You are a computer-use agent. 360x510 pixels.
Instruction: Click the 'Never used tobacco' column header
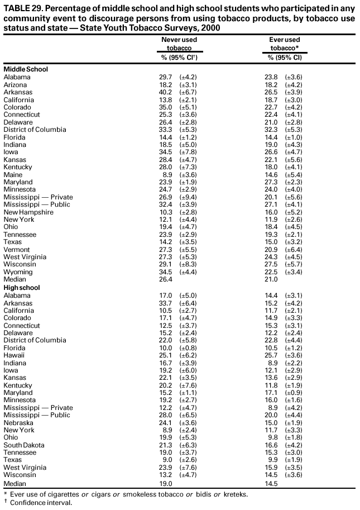coord(175,44)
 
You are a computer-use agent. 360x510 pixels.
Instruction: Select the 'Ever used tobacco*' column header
coord(285,44)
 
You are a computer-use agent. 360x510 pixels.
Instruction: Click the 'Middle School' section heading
coord(26,69)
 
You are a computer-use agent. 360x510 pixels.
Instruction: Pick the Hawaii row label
coord(13,355)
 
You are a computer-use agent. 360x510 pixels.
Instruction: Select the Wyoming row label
coord(18,272)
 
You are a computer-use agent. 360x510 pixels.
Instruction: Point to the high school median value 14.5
coord(271,483)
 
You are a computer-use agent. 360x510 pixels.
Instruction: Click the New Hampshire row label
coord(28,212)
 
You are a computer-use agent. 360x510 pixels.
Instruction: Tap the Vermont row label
coord(17,250)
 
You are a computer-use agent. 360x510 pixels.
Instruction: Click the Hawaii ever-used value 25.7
coord(271,355)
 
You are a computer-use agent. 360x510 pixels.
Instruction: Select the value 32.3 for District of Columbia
coord(271,130)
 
